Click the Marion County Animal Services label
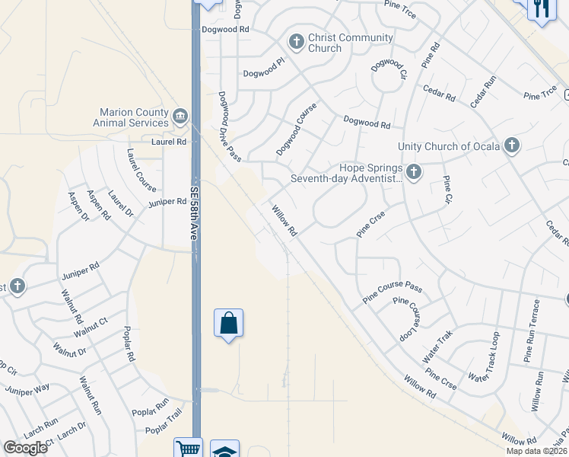pyautogui.click(x=131, y=117)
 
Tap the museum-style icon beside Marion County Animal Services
pyautogui.click(x=180, y=116)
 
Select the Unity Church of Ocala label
pyautogui.click(x=449, y=146)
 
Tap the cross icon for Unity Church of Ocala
pyautogui.click(x=512, y=145)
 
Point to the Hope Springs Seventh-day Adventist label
pyautogui.click(x=345, y=174)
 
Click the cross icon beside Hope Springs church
pyautogui.click(x=413, y=171)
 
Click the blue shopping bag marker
pyautogui.click(x=228, y=324)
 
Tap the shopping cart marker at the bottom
pyautogui.click(x=186, y=449)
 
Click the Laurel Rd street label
pyautogui.click(x=169, y=142)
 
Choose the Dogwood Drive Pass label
pyautogui.click(x=229, y=126)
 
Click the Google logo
pyautogui.click(x=26, y=448)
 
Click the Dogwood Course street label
pyautogui.click(x=296, y=129)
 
